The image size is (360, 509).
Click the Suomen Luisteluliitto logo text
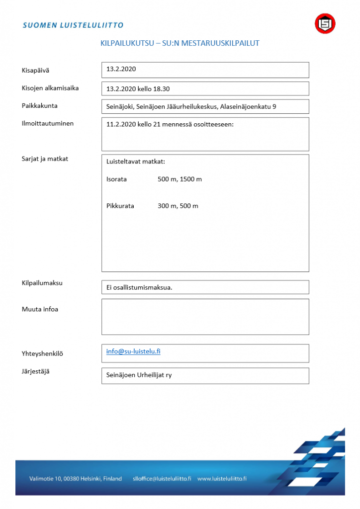click(73, 25)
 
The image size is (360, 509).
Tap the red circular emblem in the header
click(325, 23)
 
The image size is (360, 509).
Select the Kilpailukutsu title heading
click(180, 43)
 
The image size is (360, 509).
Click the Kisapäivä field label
click(35, 70)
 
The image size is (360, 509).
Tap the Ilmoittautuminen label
click(48, 123)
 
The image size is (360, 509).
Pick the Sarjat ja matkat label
click(45, 159)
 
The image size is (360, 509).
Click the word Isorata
click(116, 179)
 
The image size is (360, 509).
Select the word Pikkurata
click(120, 206)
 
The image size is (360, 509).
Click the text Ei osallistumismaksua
click(139, 287)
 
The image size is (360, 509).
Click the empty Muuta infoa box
click(205, 317)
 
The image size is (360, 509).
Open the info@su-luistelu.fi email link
click(133, 351)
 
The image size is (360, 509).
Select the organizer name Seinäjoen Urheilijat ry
click(139, 375)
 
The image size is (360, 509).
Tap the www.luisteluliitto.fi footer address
click(222, 479)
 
